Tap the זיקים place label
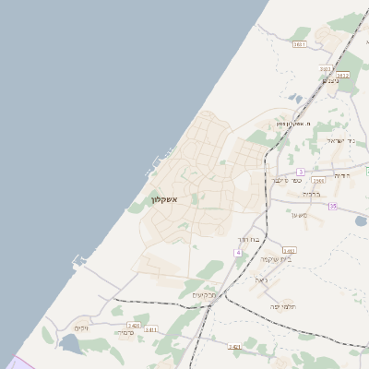point(81,327)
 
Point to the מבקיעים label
point(204,295)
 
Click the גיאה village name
point(261,280)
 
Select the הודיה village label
point(341,174)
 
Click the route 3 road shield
point(301,172)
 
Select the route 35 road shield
point(332,206)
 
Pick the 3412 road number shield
point(342,75)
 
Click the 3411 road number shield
point(150,328)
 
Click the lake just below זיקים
point(70,345)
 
